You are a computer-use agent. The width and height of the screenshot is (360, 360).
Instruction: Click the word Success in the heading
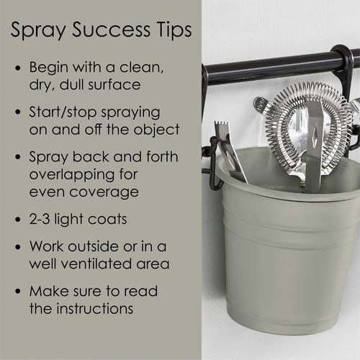[x=112, y=30]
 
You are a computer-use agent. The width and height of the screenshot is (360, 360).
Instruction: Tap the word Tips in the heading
[x=174, y=30]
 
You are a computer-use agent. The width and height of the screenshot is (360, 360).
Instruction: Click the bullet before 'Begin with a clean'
[x=18, y=68]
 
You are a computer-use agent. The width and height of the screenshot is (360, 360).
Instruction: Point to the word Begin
[x=49, y=68]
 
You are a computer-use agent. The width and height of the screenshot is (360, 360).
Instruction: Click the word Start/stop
[x=63, y=112]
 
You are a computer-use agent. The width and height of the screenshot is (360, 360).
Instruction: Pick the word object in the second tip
[x=156, y=130]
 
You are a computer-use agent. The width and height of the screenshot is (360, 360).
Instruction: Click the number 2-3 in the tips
[x=40, y=219]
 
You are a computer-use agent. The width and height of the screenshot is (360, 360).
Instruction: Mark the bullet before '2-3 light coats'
[x=18, y=220]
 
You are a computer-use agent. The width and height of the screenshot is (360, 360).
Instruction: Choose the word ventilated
[x=96, y=264]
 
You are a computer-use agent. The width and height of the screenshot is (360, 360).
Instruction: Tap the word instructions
[x=95, y=308]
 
